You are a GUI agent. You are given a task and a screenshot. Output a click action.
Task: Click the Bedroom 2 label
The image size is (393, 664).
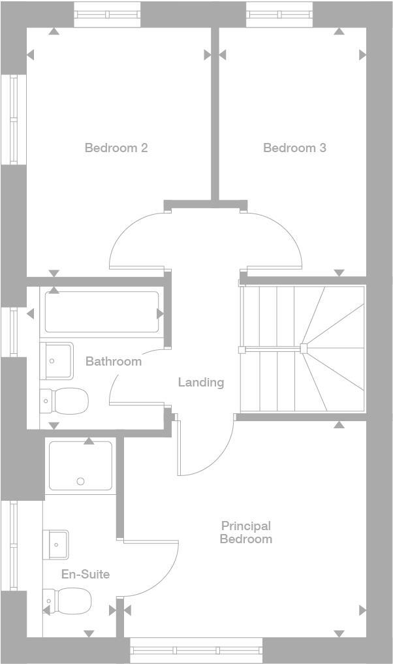116,148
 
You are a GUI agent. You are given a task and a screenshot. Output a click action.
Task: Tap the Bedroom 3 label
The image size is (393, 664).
294,148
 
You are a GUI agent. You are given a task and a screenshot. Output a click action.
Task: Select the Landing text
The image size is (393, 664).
201,382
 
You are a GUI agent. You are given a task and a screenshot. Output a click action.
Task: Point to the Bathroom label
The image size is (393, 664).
114,361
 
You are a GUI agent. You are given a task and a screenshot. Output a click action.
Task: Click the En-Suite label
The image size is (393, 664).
85,575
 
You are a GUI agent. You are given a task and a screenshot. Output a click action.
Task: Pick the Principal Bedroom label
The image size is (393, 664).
246,532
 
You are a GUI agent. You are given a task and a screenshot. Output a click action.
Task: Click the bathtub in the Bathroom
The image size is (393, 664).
102,312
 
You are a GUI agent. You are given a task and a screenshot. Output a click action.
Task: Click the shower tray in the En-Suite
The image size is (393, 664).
80,466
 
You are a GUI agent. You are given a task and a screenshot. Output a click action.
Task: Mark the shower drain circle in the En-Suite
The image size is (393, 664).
80,482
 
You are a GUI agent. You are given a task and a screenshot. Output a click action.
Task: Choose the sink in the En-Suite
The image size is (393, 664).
56,544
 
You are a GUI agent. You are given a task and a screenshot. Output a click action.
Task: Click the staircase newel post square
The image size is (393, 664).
304,348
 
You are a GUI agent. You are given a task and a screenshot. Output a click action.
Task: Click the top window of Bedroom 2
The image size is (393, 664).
107,14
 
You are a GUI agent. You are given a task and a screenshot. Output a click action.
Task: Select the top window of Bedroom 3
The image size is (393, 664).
279,14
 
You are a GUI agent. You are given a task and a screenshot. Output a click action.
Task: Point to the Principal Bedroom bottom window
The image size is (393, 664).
196,650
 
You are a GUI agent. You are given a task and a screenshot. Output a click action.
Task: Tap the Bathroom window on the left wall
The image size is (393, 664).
13,331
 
